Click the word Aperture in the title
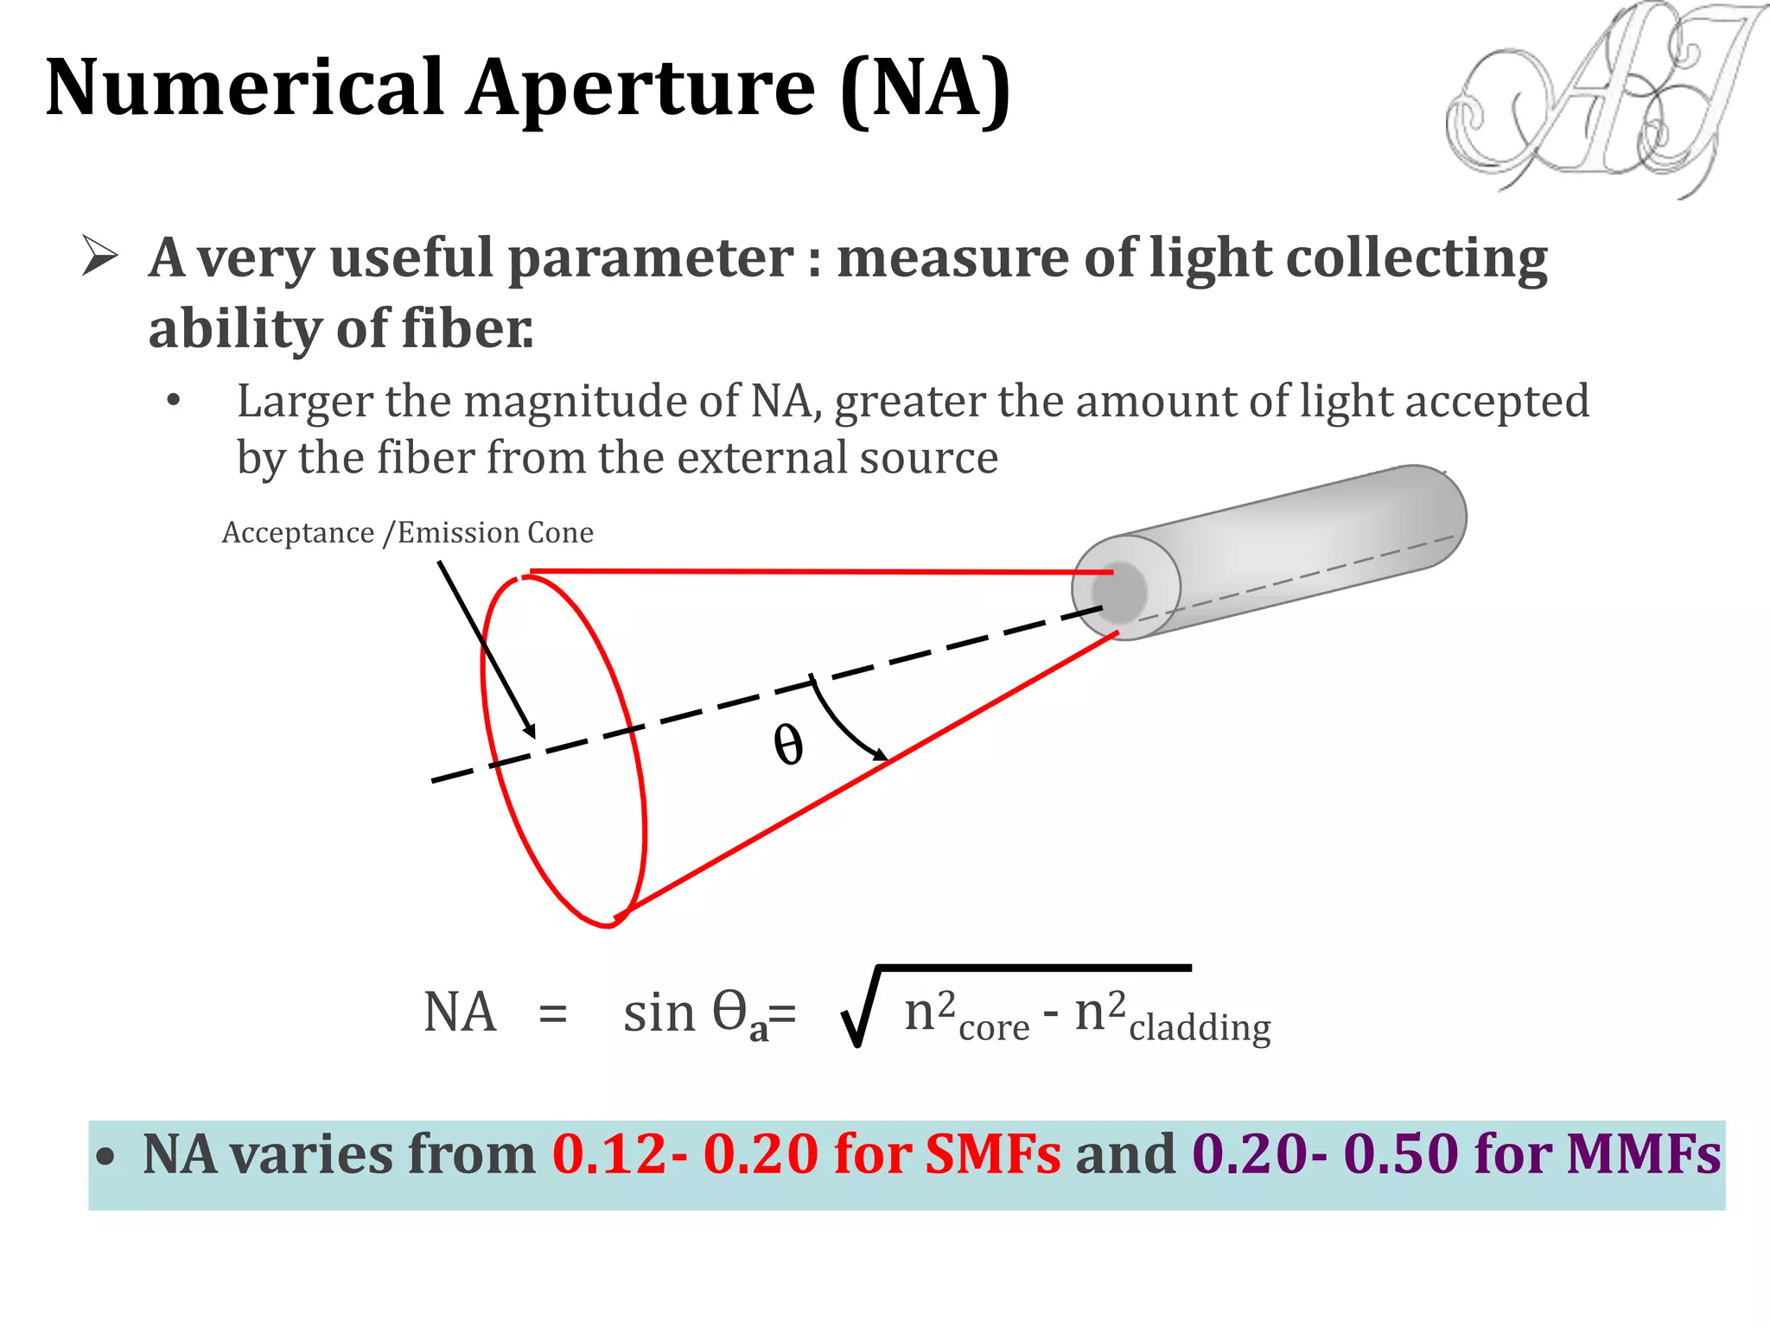tap(640, 89)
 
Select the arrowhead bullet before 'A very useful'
tap(99, 257)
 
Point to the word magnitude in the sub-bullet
tap(602, 401)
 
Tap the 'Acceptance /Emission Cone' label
tap(407, 532)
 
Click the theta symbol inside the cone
tap(787, 745)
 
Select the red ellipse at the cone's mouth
tap(563, 751)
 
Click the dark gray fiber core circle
tap(1119, 593)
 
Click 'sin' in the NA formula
tap(659, 1013)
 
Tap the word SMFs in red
tap(992, 1154)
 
